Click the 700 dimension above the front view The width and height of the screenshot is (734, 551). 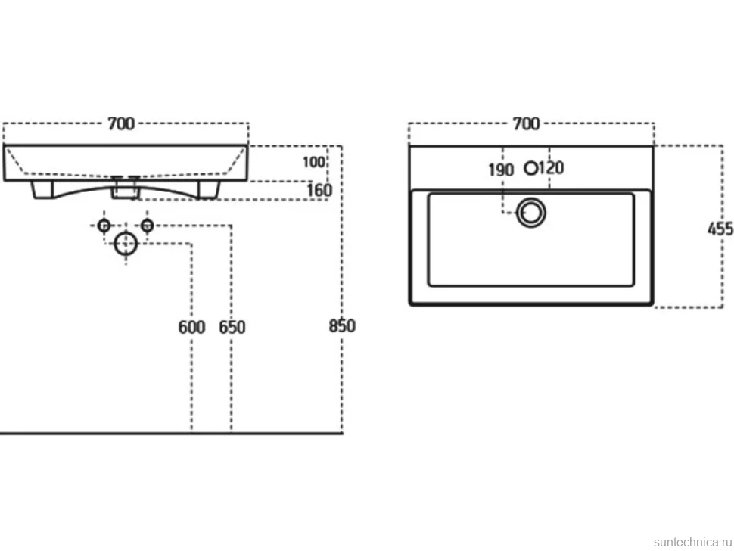click(x=121, y=123)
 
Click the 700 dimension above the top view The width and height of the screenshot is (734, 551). click(x=527, y=123)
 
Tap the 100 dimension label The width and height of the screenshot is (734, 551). click(x=313, y=162)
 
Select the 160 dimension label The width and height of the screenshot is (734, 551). click(x=319, y=191)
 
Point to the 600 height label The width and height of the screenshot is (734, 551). click(x=192, y=327)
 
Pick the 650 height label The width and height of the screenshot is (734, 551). click(x=232, y=327)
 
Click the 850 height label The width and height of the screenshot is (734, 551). click(x=342, y=325)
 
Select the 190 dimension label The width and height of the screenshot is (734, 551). click(x=501, y=170)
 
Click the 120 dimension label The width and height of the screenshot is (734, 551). click(x=551, y=167)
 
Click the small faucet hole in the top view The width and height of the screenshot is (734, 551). click(x=531, y=168)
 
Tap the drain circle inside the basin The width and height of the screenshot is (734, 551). click(x=531, y=213)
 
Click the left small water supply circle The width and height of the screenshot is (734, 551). click(x=104, y=226)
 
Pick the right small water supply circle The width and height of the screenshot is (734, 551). click(x=148, y=226)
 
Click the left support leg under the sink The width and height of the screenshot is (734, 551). click(x=42, y=190)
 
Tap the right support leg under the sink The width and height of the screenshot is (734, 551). click(x=209, y=190)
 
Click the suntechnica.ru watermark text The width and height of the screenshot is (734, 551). click(x=692, y=542)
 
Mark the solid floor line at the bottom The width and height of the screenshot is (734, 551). click(x=171, y=433)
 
